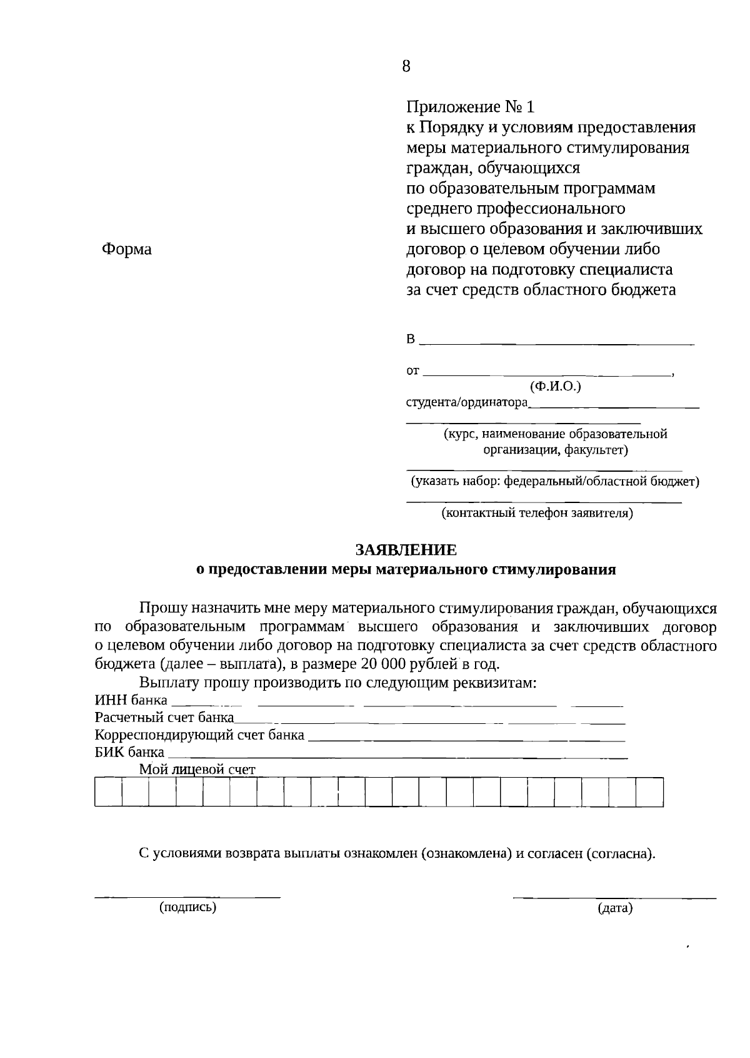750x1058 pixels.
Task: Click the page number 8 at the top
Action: pyautogui.click(x=406, y=66)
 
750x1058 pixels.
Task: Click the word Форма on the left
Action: pyautogui.click(x=126, y=249)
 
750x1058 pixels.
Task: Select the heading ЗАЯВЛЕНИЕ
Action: pyautogui.click(x=406, y=549)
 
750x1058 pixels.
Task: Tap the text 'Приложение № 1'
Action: pyautogui.click(x=471, y=107)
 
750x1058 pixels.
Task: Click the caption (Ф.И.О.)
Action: pyautogui.click(x=555, y=386)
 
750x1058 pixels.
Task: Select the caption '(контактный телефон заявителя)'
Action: pyautogui.click(x=537, y=514)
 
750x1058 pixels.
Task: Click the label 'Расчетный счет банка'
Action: pyautogui.click(x=164, y=717)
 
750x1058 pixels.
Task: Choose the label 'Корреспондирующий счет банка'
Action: pyautogui.click(x=199, y=735)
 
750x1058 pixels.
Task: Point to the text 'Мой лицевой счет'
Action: pyautogui.click(x=197, y=770)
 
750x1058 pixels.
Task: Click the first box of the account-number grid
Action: pyautogui.click(x=108, y=792)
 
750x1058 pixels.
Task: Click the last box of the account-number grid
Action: pyautogui.click(x=649, y=792)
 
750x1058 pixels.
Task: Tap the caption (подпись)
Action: pyautogui.click(x=187, y=907)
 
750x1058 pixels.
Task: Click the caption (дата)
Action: pyautogui.click(x=615, y=908)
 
